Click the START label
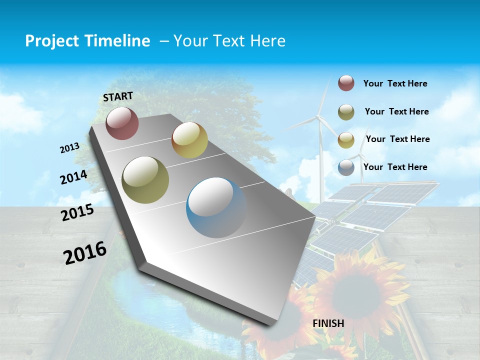118,96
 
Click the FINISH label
328,323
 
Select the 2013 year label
70,148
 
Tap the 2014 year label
74,177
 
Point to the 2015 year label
77,212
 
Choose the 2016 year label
85,253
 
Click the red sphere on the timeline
122,123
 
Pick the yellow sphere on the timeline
189,140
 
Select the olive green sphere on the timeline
145,179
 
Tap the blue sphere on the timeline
216,207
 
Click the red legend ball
346,83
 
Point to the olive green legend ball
346,112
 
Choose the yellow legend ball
346,139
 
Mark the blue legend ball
346,167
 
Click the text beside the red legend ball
395,84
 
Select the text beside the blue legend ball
395,167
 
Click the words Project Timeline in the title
87,41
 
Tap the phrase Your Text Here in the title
229,41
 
